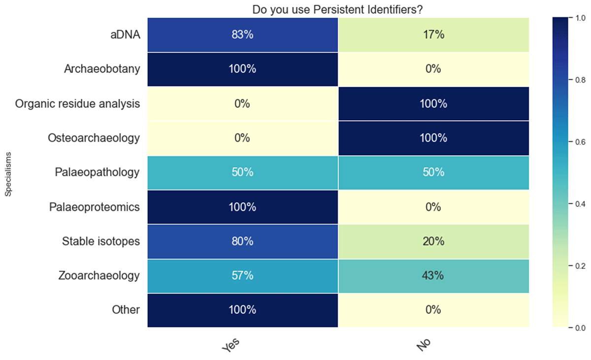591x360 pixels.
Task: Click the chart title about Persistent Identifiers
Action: tap(338, 9)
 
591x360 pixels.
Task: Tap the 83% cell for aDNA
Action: tap(242, 35)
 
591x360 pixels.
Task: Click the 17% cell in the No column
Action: tap(433, 35)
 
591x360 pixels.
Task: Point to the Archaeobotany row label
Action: tap(102, 69)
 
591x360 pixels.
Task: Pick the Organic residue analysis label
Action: tap(77, 104)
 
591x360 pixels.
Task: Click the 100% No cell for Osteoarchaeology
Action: tap(433, 138)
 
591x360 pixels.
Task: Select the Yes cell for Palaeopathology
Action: tap(242, 172)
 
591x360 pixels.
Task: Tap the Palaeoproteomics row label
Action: tap(95, 207)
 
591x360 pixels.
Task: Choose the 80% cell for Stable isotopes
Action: tap(242, 241)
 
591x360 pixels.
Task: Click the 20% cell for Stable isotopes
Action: tap(433, 241)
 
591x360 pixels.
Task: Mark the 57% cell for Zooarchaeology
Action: tap(242, 275)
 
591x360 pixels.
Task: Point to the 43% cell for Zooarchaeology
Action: tap(433, 275)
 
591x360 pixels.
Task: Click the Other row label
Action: tap(126, 310)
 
